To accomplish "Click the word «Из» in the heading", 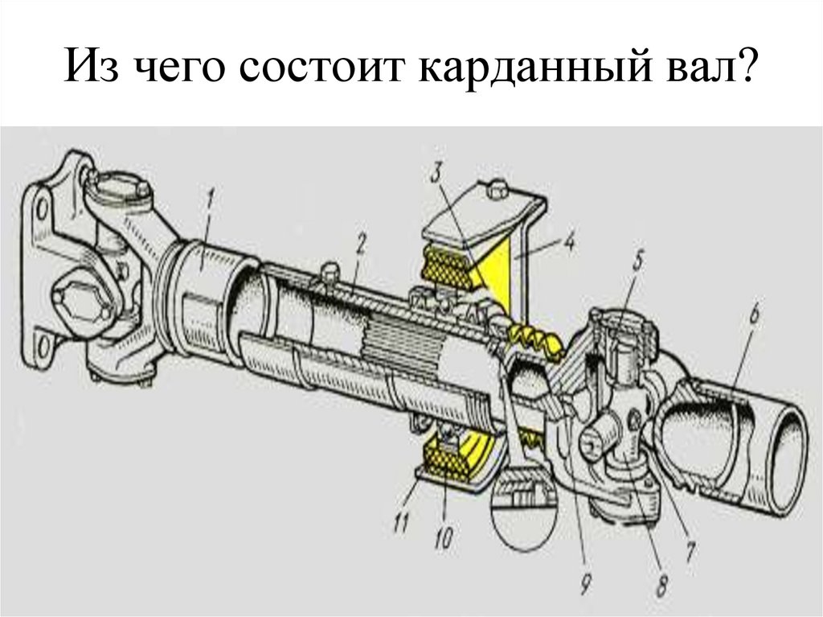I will click(x=93, y=76).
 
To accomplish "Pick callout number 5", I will click(x=637, y=261).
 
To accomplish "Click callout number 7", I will click(x=690, y=549).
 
